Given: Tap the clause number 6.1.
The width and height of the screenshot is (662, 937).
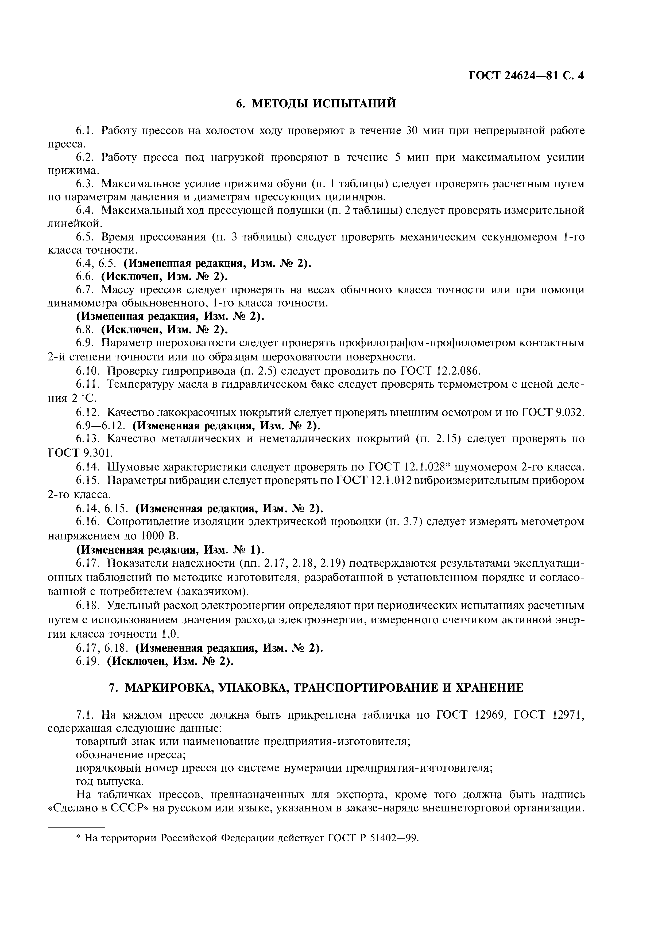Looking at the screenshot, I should (x=85, y=131).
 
